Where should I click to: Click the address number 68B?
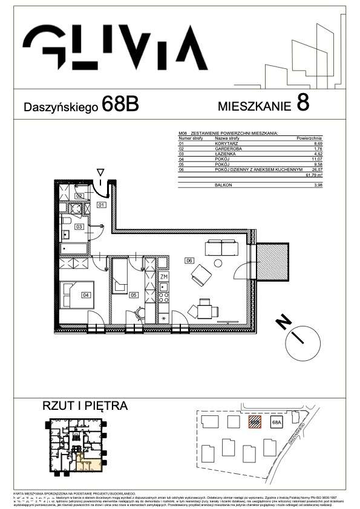pos(120,105)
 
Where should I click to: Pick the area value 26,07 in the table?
pos(316,170)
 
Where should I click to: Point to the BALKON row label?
pos(223,184)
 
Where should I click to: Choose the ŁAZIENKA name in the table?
pos(226,155)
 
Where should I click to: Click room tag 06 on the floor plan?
pos(189,261)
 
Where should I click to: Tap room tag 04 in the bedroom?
pos(87,295)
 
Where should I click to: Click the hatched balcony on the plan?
pos(273,263)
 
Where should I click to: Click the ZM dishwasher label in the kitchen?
pos(163,276)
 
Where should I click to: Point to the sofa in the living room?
pos(222,247)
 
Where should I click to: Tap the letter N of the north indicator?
pos(281,322)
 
